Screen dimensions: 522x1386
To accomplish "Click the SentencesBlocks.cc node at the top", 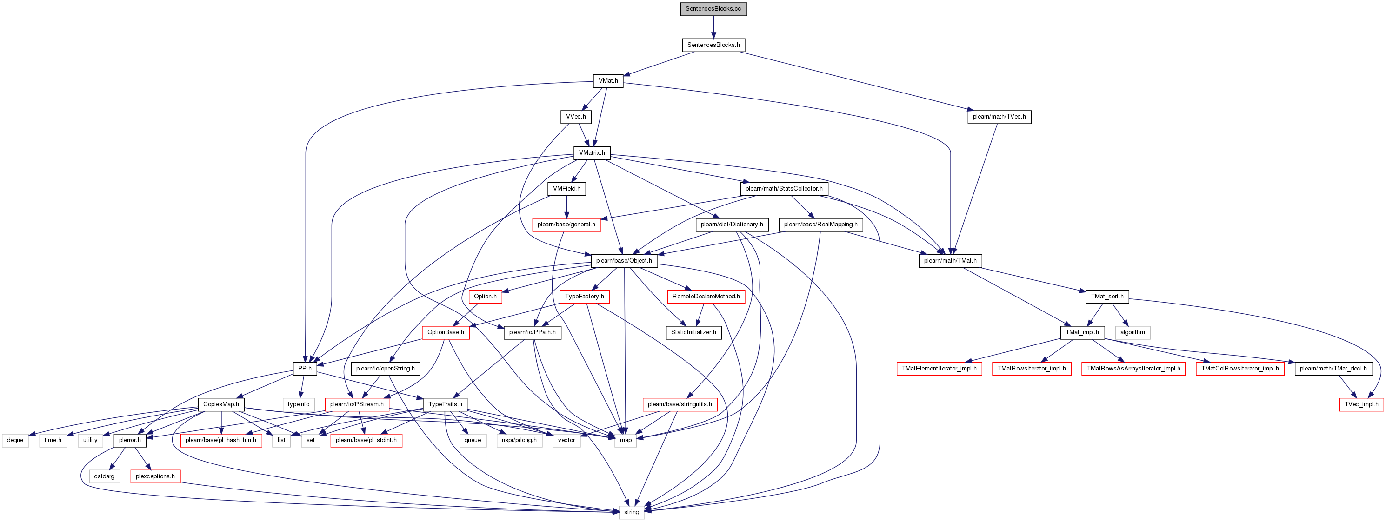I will point(713,9).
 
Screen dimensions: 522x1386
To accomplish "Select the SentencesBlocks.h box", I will point(713,45).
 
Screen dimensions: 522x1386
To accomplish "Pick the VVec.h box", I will point(576,117).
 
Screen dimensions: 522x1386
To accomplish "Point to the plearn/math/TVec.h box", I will point(999,117).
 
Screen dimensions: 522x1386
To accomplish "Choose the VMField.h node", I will point(566,189).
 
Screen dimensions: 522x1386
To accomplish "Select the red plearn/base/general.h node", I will point(566,225).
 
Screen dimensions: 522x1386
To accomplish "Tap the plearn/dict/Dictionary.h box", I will point(731,225).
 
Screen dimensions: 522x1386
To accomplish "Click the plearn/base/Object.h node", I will point(624,261).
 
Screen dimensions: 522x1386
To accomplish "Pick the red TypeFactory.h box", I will point(584,297).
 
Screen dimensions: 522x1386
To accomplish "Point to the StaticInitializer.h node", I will point(693,333).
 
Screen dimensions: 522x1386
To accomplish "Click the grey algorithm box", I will point(1132,333).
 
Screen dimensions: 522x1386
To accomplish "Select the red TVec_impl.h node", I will point(1361,404).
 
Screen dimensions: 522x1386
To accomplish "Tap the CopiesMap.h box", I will point(220,404).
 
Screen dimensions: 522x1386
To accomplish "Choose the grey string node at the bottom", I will point(631,512).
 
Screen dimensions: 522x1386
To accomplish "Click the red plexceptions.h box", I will point(155,476).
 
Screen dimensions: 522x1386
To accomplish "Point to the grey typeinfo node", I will point(298,404).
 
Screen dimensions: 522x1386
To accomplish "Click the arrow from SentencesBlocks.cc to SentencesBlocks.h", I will point(713,27).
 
